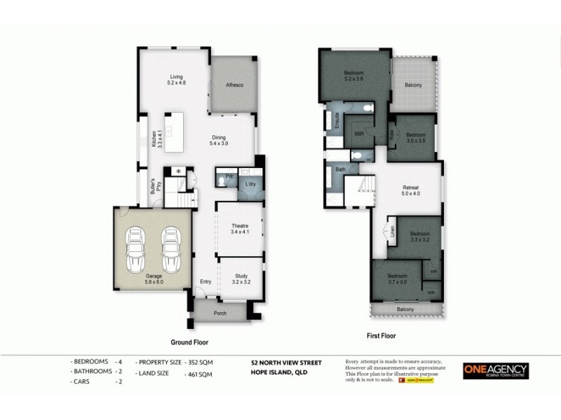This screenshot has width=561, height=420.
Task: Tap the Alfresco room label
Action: (x=234, y=85)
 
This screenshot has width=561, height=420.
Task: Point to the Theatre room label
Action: (x=241, y=225)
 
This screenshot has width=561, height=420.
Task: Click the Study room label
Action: (x=241, y=277)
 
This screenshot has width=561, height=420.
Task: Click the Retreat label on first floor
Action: (x=411, y=187)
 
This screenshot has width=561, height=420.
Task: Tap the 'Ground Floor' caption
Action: (x=189, y=342)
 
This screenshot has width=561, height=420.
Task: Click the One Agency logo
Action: (x=496, y=371)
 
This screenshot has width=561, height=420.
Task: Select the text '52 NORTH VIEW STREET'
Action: (x=285, y=363)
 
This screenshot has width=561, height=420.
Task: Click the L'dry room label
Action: (x=250, y=184)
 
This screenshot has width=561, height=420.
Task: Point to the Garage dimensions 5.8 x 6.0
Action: (x=154, y=282)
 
